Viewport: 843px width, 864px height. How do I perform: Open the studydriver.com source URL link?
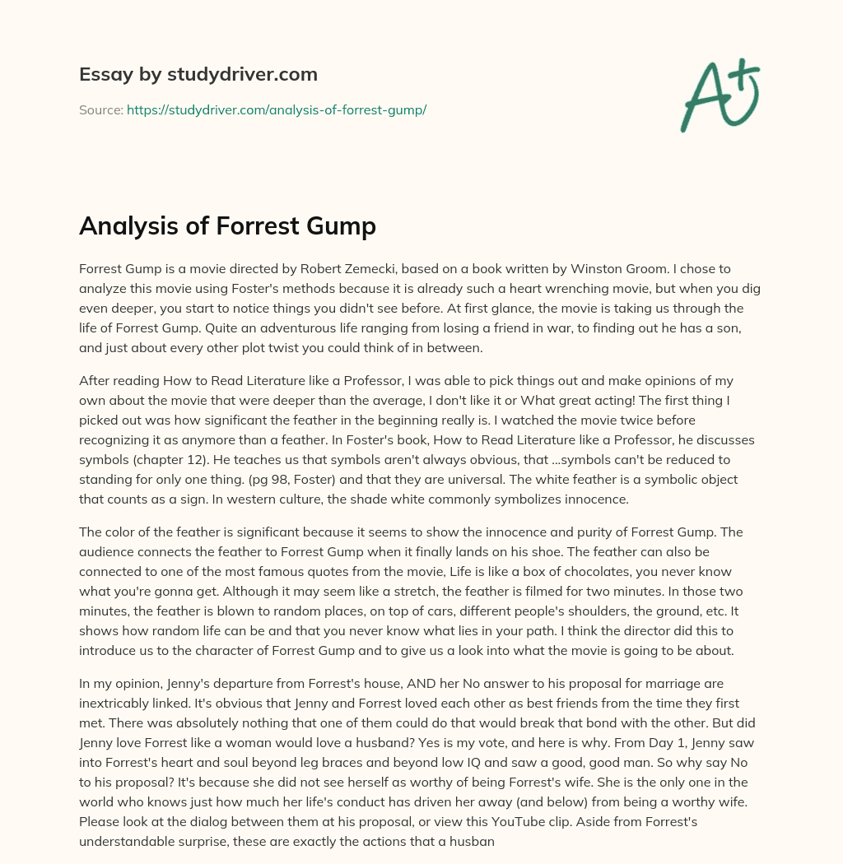coord(276,109)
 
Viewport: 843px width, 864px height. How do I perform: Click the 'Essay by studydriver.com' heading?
coord(198,74)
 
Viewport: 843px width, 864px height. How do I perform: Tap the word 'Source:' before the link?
coord(100,109)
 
